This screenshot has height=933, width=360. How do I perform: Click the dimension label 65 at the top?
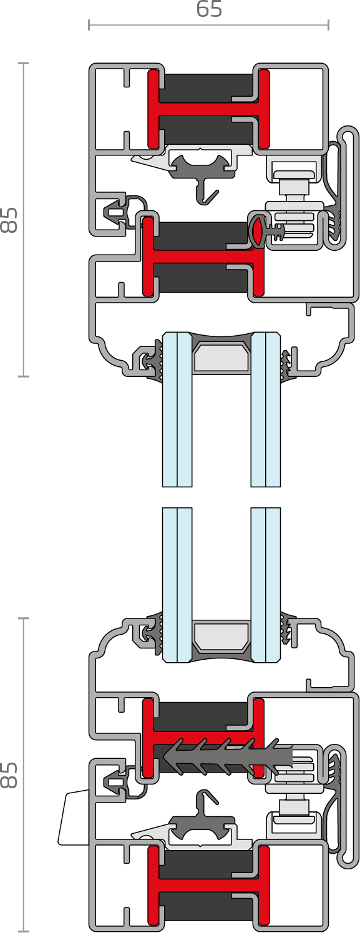[209, 9]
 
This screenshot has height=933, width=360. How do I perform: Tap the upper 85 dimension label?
[9, 220]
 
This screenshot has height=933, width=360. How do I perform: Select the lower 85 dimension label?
[9, 775]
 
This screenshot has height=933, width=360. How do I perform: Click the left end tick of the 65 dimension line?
[89, 25]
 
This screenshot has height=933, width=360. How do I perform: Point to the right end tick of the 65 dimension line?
[329, 25]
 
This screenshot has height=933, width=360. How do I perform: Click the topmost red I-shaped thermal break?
[209, 110]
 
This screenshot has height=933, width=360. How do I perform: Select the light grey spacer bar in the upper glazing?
[221, 356]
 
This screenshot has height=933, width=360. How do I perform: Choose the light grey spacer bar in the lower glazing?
[221, 637]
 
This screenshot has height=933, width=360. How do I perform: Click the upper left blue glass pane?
[177, 409]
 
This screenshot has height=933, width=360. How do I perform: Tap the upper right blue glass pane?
[266, 409]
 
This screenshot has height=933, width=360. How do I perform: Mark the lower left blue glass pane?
[177, 585]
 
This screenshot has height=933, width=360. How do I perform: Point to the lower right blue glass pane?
[266, 585]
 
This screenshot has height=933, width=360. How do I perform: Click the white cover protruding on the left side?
[74, 817]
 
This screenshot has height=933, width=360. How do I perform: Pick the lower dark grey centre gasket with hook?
[202, 823]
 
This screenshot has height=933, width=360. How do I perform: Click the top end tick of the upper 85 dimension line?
[23, 63]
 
